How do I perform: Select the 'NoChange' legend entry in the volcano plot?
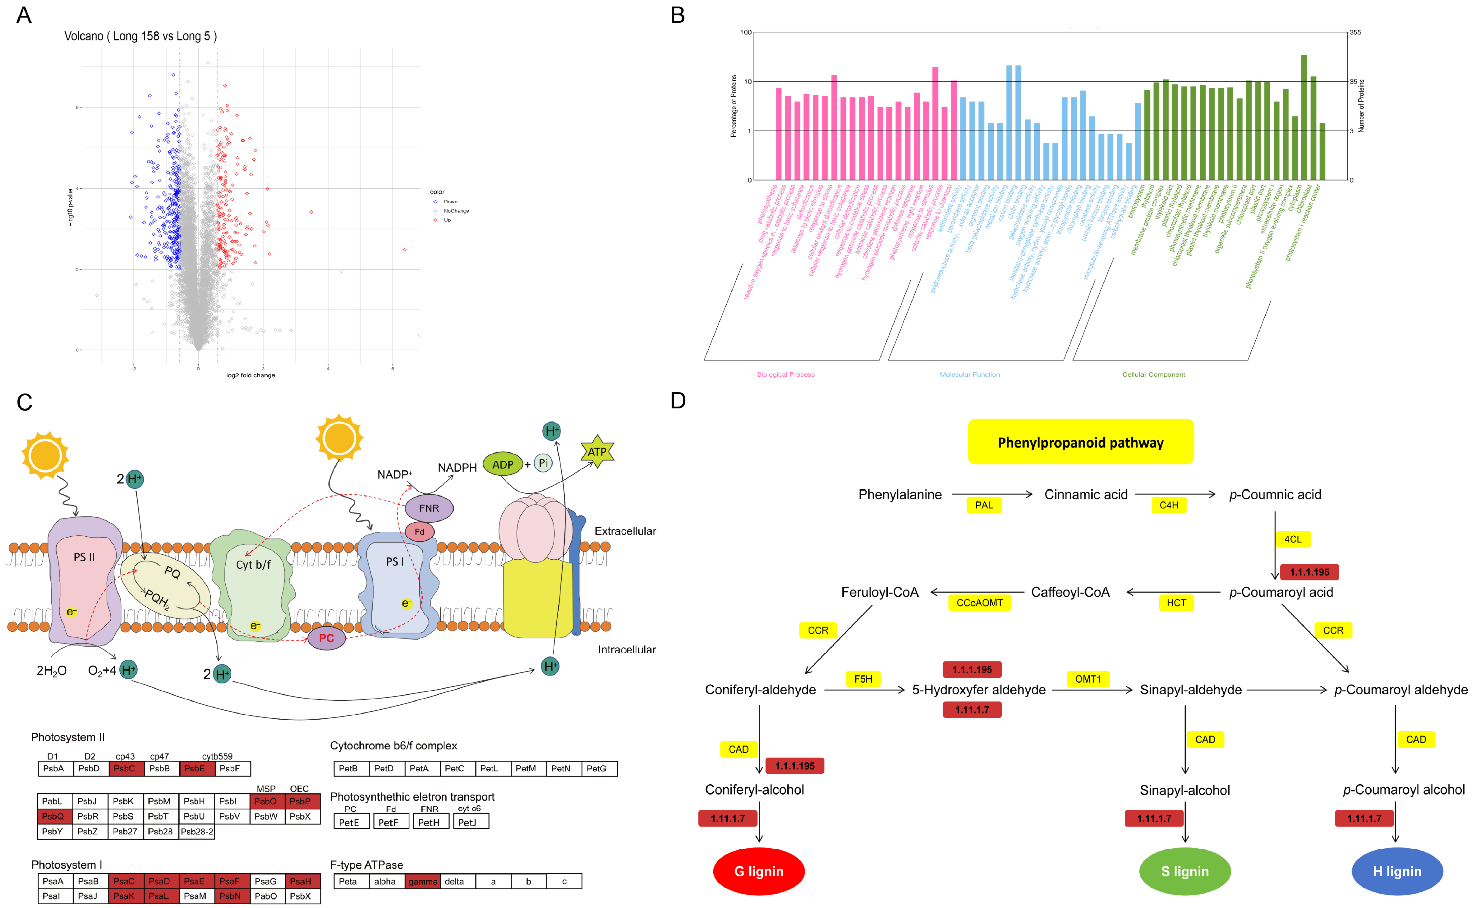click(456, 211)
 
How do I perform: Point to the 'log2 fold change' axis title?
click(251, 375)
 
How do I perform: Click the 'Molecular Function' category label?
click(969, 375)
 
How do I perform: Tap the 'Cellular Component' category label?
click(1153, 375)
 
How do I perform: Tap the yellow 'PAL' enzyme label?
click(984, 505)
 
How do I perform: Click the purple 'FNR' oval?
click(429, 508)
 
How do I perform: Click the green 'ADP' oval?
click(503, 464)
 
